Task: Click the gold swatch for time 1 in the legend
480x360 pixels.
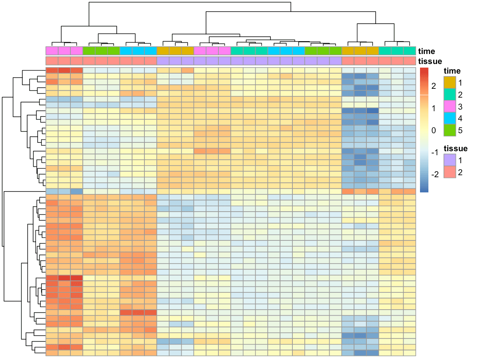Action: [x=450, y=83]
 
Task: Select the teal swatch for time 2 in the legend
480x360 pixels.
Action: [x=450, y=95]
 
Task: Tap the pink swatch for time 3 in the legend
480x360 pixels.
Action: [x=450, y=106]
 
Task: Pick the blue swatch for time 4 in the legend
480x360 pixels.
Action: [x=450, y=118]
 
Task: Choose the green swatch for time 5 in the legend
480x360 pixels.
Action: [x=450, y=130]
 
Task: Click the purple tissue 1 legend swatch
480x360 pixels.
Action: [x=450, y=160]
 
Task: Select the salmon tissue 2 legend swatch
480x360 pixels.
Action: [x=450, y=172]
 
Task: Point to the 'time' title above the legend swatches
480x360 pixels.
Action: [x=452, y=71]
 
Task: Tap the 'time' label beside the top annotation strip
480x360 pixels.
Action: [x=426, y=51]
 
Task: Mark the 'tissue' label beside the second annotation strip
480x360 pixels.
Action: [x=430, y=61]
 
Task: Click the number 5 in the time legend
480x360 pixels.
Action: [x=461, y=130]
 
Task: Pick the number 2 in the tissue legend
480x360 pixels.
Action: [x=461, y=172]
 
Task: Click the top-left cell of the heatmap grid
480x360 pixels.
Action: [x=52, y=70]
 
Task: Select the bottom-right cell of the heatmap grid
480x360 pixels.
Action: [x=410, y=353]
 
